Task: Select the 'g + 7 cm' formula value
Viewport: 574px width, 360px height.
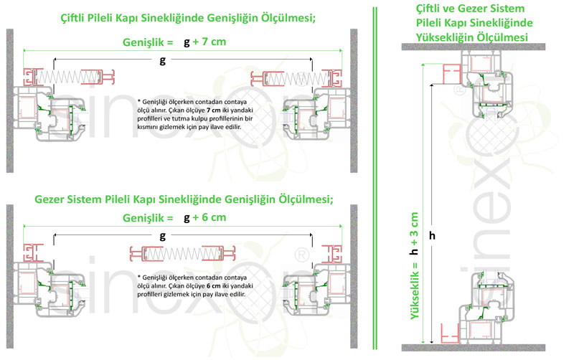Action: [205, 42]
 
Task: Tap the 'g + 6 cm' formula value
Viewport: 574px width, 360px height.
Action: [205, 217]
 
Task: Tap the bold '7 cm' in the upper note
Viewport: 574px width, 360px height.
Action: [214, 110]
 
